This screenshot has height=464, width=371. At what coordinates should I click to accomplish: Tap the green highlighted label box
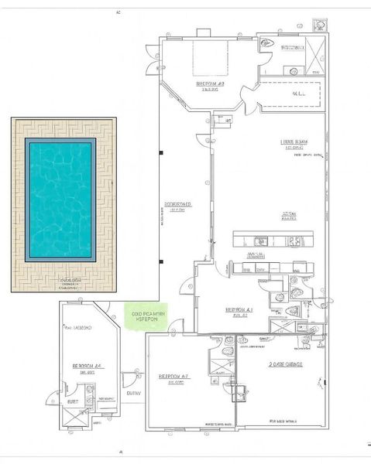click(146, 316)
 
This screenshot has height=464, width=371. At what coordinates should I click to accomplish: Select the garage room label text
click(285, 363)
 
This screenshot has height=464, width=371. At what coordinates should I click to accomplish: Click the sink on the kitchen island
click(261, 241)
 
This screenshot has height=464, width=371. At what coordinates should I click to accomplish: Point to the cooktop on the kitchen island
click(295, 241)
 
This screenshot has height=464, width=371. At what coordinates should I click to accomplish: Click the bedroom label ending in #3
click(210, 84)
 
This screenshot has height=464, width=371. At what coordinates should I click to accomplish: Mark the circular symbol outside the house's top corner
click(318, 23)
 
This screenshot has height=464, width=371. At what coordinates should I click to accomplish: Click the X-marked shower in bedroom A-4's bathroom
click(74, 416)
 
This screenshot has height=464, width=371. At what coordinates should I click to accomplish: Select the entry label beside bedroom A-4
click(133, 394)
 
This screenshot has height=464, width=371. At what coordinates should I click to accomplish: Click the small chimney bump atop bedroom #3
click(203, 32)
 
